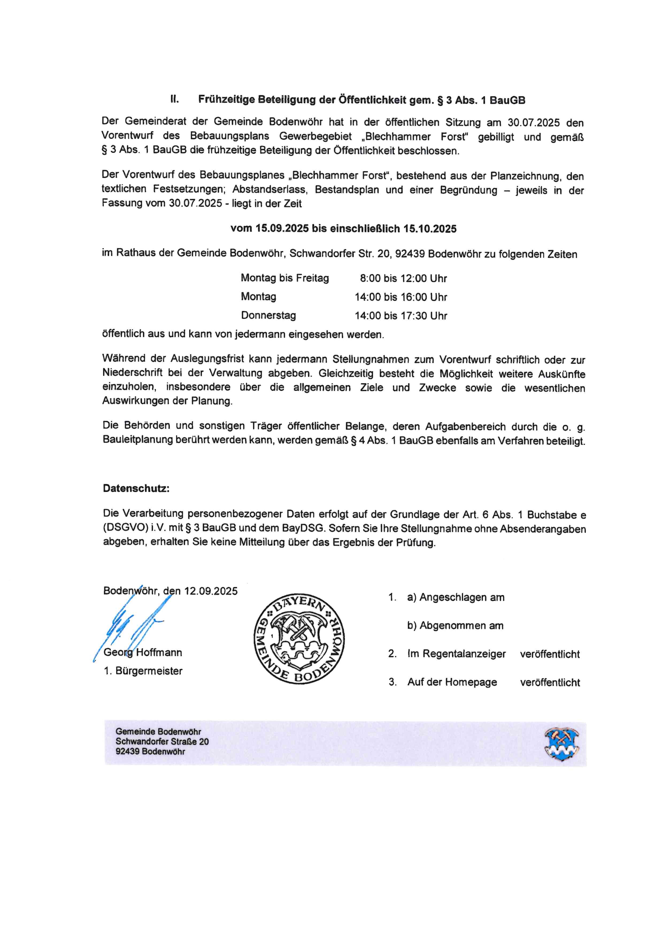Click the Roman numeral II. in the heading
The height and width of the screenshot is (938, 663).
pos(175,99)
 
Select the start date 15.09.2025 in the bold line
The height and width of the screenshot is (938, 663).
pos(282,228)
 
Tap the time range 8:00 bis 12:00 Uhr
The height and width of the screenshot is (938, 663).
pos(403,279)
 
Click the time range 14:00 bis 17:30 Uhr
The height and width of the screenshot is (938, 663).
pos(401,316)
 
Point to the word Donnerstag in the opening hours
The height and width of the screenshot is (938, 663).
pos(268,315)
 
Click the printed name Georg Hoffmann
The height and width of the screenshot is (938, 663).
pos(143,652)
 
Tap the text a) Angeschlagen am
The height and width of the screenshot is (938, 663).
pos(456,597)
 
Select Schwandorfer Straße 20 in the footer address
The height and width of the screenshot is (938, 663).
pos(162,741)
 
